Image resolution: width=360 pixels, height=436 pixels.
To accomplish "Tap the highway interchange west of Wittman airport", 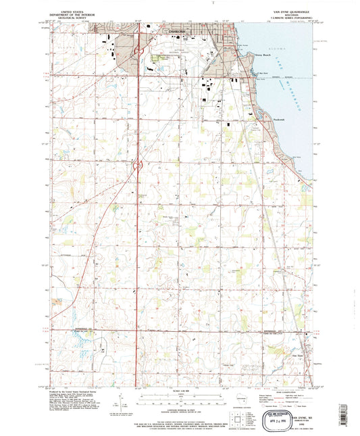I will [138, 50].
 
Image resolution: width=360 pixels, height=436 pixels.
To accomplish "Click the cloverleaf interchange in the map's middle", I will [138, 164].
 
